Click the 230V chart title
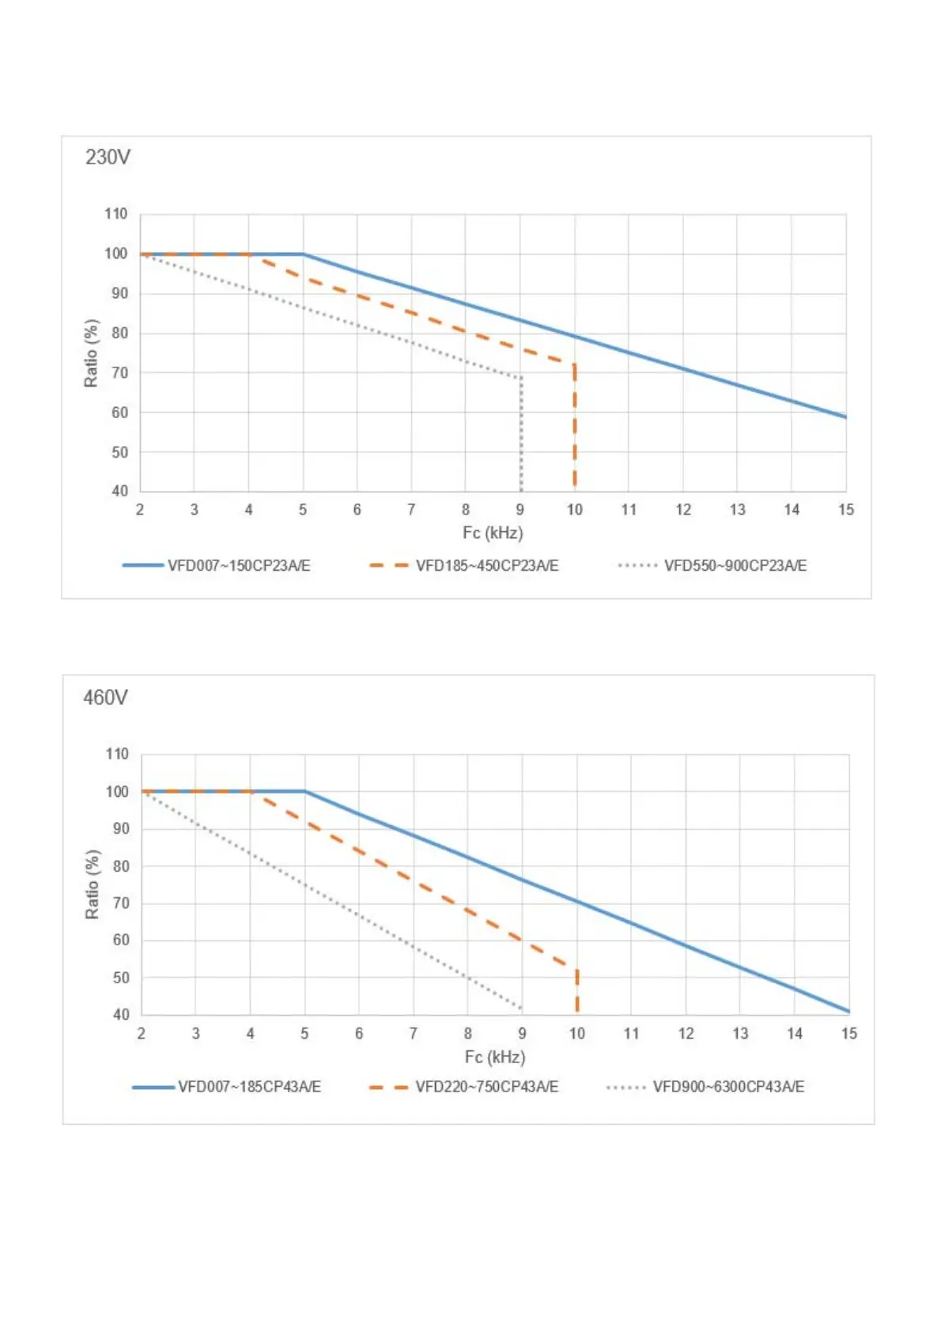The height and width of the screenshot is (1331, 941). [x=108, y=157]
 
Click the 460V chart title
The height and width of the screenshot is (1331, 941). [x=105, y=698]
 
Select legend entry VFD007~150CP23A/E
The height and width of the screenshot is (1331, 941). [x=238, y=566]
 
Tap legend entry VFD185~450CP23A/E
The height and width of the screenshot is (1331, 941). [x=486, y=566]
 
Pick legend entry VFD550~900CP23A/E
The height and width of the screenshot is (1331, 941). [x=735, y=566]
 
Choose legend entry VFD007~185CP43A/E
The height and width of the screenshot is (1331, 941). [x=249, y=1087]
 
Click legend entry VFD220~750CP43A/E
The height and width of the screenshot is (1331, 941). [x=486, y=1087]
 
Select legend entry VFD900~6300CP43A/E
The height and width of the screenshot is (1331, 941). [x=727, y=1087]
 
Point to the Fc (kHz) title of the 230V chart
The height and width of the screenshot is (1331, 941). [x=493, y=533]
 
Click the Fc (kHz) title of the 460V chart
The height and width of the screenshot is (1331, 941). [x=495, y=1057]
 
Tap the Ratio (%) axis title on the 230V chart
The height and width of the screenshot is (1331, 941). [x=92, y=353]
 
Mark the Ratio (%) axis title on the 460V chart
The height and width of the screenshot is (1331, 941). [x=93, y=884]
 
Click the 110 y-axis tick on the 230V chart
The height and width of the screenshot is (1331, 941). [x=115, y=214]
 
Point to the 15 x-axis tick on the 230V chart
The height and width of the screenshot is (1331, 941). [x=845, y=510]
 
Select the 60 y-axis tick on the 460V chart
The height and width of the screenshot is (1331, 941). [x=121, y=941]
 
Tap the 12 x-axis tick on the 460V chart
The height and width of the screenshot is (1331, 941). [x=686, y=1034]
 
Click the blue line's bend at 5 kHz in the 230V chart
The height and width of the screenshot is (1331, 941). [x=304, y=254]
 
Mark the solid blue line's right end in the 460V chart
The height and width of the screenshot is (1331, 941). [x=848, y=1011]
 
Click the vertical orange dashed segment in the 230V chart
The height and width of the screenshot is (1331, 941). [x=575, y=427]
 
